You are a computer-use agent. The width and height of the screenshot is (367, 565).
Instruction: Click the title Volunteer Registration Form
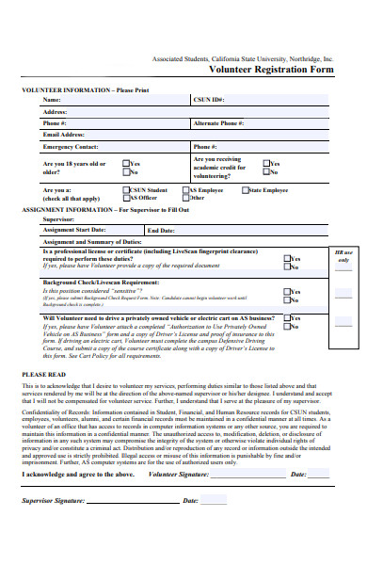pos(271,69)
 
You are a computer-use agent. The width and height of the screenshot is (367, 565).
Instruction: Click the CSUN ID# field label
pos(209,99)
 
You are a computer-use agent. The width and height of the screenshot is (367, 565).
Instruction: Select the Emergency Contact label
pos(71,147)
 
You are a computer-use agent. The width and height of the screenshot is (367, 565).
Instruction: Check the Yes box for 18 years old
pos(126,163)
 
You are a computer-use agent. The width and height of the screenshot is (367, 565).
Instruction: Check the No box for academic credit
pos(266,171)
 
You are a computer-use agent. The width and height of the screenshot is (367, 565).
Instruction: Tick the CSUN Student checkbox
pos(126,190)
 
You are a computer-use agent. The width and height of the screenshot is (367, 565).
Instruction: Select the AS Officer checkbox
pos(126,198)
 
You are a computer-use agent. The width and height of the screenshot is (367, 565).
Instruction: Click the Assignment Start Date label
pos(74,229)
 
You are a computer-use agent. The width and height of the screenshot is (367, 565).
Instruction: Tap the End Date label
pos(161,230)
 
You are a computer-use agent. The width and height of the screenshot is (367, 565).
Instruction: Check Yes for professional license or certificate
pos(287,259)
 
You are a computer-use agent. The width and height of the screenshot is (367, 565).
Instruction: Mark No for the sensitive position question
pos(287,299)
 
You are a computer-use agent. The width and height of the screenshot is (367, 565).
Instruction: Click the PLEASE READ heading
pos(41,374)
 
